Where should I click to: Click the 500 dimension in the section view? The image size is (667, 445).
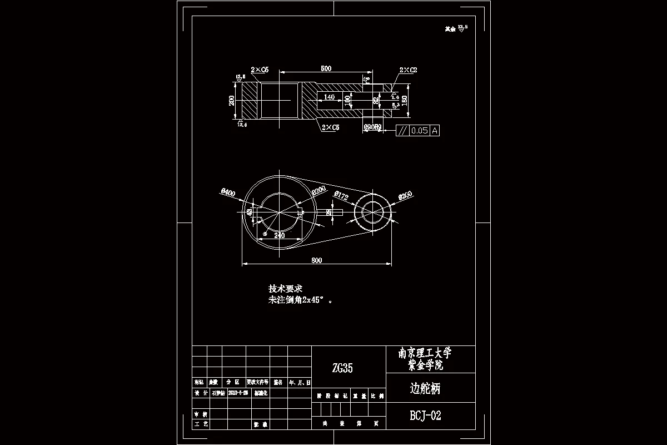click(x=326, y=68)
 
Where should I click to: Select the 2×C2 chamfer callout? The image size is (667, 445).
click(x=408, y=70)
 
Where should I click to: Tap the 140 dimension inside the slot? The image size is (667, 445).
click(x=329, y=97)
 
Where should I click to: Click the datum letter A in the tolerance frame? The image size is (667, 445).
click(x=435, y=131)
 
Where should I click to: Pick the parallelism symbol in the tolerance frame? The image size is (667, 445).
click(x=402, y=131)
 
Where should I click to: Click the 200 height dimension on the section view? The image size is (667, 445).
click(x=232, y=100)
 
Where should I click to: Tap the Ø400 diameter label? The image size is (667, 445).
click(x=228, y=192)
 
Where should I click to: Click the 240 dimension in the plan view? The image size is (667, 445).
click(x=279, y=235)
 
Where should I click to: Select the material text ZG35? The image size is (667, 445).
click(x=342, y=368)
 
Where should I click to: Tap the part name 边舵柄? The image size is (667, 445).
click(x=425, y=389)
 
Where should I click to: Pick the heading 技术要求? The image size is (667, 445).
click(x=285, y=289)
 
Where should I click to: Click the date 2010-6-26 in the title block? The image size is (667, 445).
click(x=230, y=393)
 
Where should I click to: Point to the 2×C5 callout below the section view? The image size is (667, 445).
click(x=330, y=127)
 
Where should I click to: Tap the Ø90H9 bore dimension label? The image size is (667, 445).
click(x=372, y=127)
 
